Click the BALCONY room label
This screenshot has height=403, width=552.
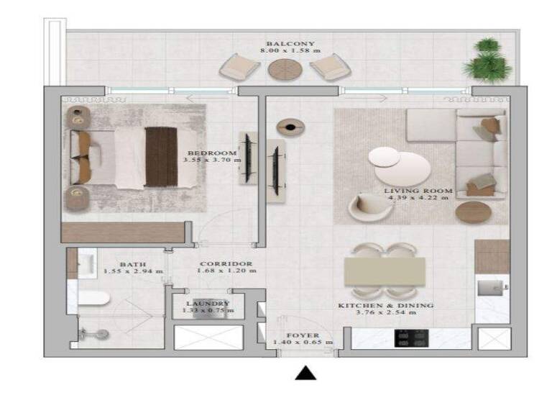290,44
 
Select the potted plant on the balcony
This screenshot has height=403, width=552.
488,61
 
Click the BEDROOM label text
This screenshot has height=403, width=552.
212,153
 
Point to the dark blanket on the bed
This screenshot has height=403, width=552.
161,156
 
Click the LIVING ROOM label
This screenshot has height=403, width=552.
418,191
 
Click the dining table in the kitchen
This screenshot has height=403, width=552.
385,271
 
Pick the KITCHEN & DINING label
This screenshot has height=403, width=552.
386,306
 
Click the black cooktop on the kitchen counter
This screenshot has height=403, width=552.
412,338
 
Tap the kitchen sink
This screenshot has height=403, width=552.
492,289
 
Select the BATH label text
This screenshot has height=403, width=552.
134,264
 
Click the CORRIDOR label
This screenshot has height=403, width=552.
226,264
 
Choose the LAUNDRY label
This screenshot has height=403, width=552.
208,304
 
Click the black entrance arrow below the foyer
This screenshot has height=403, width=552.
306,373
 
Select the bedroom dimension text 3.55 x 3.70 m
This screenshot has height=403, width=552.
212,160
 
